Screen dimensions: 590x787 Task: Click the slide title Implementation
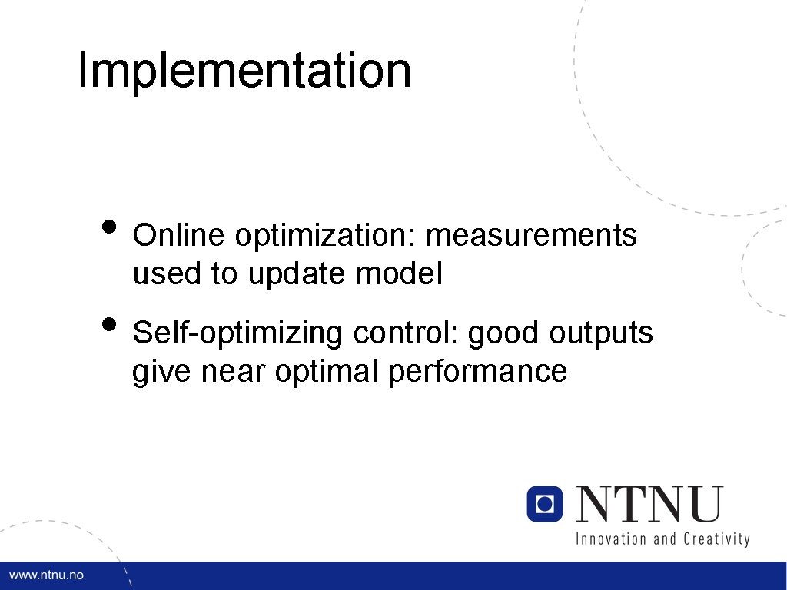[244, 71]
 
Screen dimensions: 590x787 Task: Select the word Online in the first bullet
[180, 236]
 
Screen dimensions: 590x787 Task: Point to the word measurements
[531, 236]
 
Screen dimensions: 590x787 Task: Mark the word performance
[477, 373]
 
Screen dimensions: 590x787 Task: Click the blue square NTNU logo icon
[545, 504]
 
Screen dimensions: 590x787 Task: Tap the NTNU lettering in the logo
[650, 505]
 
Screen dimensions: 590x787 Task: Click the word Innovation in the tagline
[611, 539]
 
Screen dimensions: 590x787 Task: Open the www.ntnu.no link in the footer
[46, 575]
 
